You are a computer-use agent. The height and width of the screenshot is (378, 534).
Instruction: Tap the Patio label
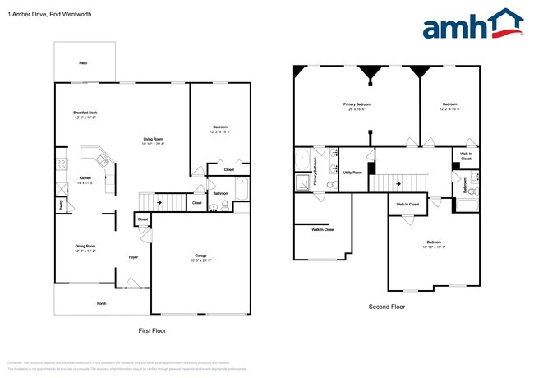83,62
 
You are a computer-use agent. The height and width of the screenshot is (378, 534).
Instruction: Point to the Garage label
200,255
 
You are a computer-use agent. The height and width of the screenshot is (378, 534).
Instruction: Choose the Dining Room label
85,247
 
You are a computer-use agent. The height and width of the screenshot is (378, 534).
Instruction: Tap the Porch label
101,303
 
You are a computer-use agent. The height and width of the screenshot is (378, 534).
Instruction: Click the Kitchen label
85,177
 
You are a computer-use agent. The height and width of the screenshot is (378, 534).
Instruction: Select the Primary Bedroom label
357,104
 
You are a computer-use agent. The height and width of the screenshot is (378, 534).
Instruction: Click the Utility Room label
352,173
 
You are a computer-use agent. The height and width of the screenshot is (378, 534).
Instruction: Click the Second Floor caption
386,307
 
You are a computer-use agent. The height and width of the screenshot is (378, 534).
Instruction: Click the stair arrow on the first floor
159,199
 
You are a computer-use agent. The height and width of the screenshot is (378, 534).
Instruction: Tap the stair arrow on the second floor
399,183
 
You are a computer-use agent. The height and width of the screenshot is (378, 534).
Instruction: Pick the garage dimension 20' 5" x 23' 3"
200,260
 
